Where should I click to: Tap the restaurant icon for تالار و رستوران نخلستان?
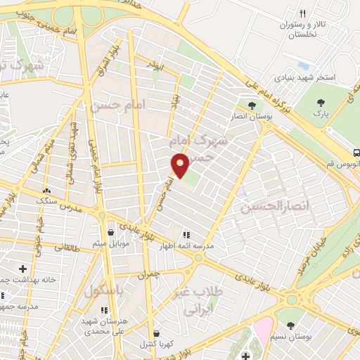tap(302, 13)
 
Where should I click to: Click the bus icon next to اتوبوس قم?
tap(357, 152)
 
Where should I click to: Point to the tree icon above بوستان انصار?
tap(252, 106)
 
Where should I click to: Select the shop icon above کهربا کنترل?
tap(156, 334)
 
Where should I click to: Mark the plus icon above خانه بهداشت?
tap(23, 269)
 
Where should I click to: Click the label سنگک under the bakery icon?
tap(47, 200)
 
